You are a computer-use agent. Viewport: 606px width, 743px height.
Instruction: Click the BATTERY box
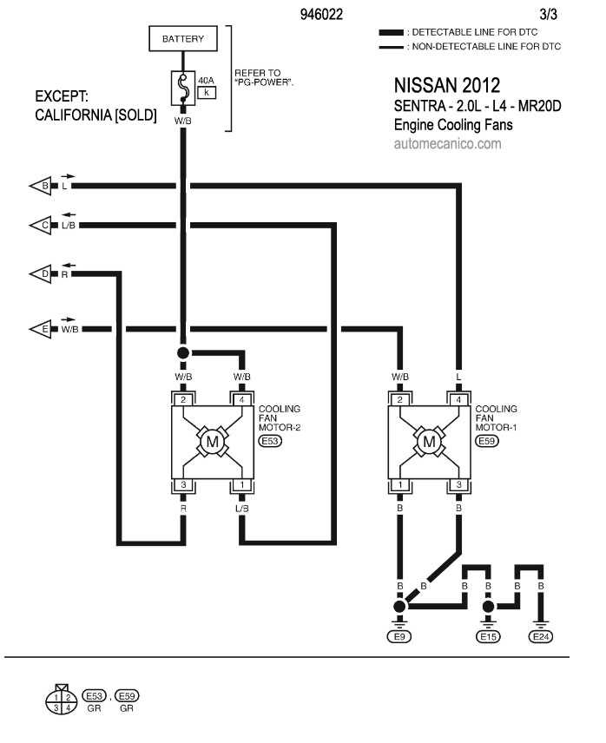coord(183,38)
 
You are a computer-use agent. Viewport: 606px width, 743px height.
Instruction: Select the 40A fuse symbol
coord(183,89)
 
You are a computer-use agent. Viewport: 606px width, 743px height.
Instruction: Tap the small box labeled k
coord(207,92)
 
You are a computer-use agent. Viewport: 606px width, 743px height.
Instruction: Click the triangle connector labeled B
coord(40,186)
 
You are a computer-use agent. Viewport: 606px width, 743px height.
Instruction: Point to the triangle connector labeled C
coord(40,225)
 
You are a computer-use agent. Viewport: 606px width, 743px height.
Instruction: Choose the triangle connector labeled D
coord(40,274)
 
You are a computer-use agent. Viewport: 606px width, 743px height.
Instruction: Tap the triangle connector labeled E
coord(40,329)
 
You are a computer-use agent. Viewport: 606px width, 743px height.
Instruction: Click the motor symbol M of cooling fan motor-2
coord(212,442)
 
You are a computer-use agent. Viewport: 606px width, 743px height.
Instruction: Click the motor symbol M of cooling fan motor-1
coord(429,442)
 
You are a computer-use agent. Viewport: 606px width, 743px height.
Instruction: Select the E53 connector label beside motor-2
coord(270,441)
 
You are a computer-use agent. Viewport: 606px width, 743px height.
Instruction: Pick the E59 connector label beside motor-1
coord(486,441)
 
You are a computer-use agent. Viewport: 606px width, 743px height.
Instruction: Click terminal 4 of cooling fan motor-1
coord(458,399)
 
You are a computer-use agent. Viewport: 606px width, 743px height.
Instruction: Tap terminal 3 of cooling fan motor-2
coord(183,484)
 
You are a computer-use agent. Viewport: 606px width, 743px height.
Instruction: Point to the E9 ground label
coord(399,636)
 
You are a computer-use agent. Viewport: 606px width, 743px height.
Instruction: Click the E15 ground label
coord(488,636)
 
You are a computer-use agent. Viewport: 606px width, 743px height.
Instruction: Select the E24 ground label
coord(541,636)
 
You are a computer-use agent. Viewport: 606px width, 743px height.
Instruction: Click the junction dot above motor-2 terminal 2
coord(183,353)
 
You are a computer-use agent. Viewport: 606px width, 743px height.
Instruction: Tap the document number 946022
coord(321,14)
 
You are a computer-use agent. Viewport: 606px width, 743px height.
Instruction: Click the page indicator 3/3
coord(548,14)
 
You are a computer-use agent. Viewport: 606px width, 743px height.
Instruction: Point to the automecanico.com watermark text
coord(447,143)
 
